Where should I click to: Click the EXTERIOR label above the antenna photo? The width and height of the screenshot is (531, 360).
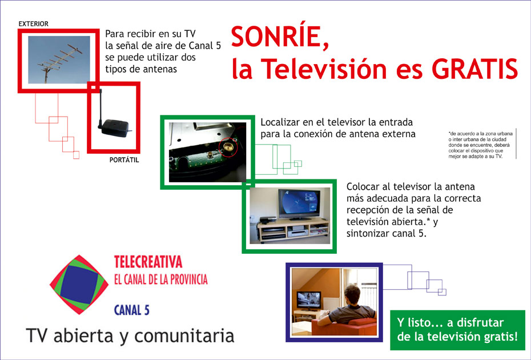34,24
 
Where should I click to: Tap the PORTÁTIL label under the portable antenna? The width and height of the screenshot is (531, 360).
124,160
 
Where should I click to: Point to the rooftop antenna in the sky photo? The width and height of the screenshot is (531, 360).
59,61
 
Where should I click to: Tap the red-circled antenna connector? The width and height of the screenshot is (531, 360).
228,147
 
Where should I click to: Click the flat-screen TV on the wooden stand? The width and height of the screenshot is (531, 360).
300,205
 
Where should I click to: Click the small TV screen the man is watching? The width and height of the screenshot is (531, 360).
308,300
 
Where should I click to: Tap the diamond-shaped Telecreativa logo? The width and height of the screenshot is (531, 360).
79,285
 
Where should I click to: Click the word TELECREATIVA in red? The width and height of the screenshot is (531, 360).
148,262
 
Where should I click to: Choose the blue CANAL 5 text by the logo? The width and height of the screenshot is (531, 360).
131,310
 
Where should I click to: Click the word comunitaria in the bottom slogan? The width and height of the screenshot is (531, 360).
184,336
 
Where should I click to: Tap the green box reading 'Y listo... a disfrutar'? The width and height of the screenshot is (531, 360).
457,330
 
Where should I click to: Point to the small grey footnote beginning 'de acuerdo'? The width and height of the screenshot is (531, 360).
480,145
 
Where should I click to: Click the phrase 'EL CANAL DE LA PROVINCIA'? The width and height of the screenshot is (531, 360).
161,279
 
